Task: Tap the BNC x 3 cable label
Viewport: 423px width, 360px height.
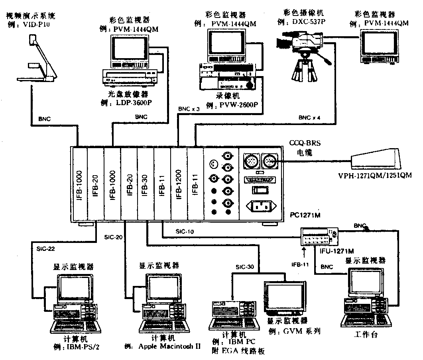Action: coord(189,109)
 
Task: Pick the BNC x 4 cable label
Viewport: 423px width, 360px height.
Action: coord(309,118)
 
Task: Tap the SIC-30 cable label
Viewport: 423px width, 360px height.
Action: coord(245,266)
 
